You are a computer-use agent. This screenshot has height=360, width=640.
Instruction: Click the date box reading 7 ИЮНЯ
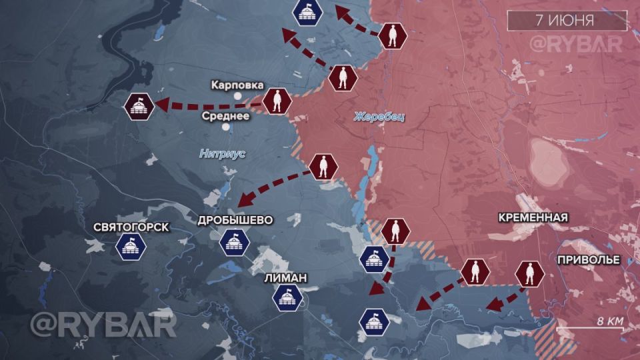coord(567,20)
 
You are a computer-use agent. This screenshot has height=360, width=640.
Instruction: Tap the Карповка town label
coord(237,85)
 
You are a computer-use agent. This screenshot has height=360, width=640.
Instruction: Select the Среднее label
coord(226,115)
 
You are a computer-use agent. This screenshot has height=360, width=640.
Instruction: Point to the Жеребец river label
coord(379,117)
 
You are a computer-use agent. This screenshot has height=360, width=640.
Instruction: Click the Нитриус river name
coord(223,153)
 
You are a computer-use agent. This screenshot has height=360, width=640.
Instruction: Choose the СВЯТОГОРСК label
coord(131,227)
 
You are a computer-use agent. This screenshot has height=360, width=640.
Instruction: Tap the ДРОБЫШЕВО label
coord(235,220)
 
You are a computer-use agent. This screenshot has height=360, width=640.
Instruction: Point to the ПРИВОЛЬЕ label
coord(589,259)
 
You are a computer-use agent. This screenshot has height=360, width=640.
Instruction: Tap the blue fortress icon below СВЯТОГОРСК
coord(130,247)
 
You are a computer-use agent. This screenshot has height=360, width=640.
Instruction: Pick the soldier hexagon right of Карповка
coord(276,102)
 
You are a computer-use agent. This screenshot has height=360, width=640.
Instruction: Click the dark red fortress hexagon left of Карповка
coord(140,106)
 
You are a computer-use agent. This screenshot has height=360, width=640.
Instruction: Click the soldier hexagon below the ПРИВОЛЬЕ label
coord(530,273)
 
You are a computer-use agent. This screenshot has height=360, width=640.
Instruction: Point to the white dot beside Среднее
coord(226,126)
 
